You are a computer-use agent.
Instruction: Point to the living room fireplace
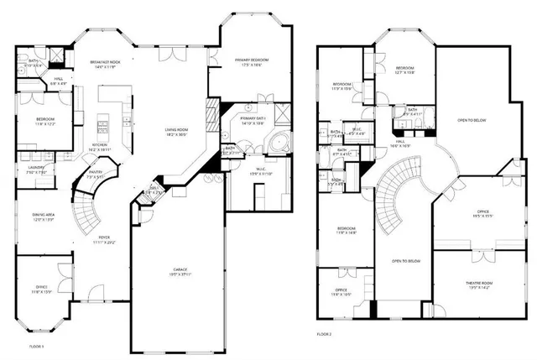[212, 110]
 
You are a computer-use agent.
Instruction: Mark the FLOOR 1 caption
[36, 347]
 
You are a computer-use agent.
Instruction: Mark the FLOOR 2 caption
[326, 334]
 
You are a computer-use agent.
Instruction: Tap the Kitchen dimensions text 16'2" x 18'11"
[102, 149]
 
